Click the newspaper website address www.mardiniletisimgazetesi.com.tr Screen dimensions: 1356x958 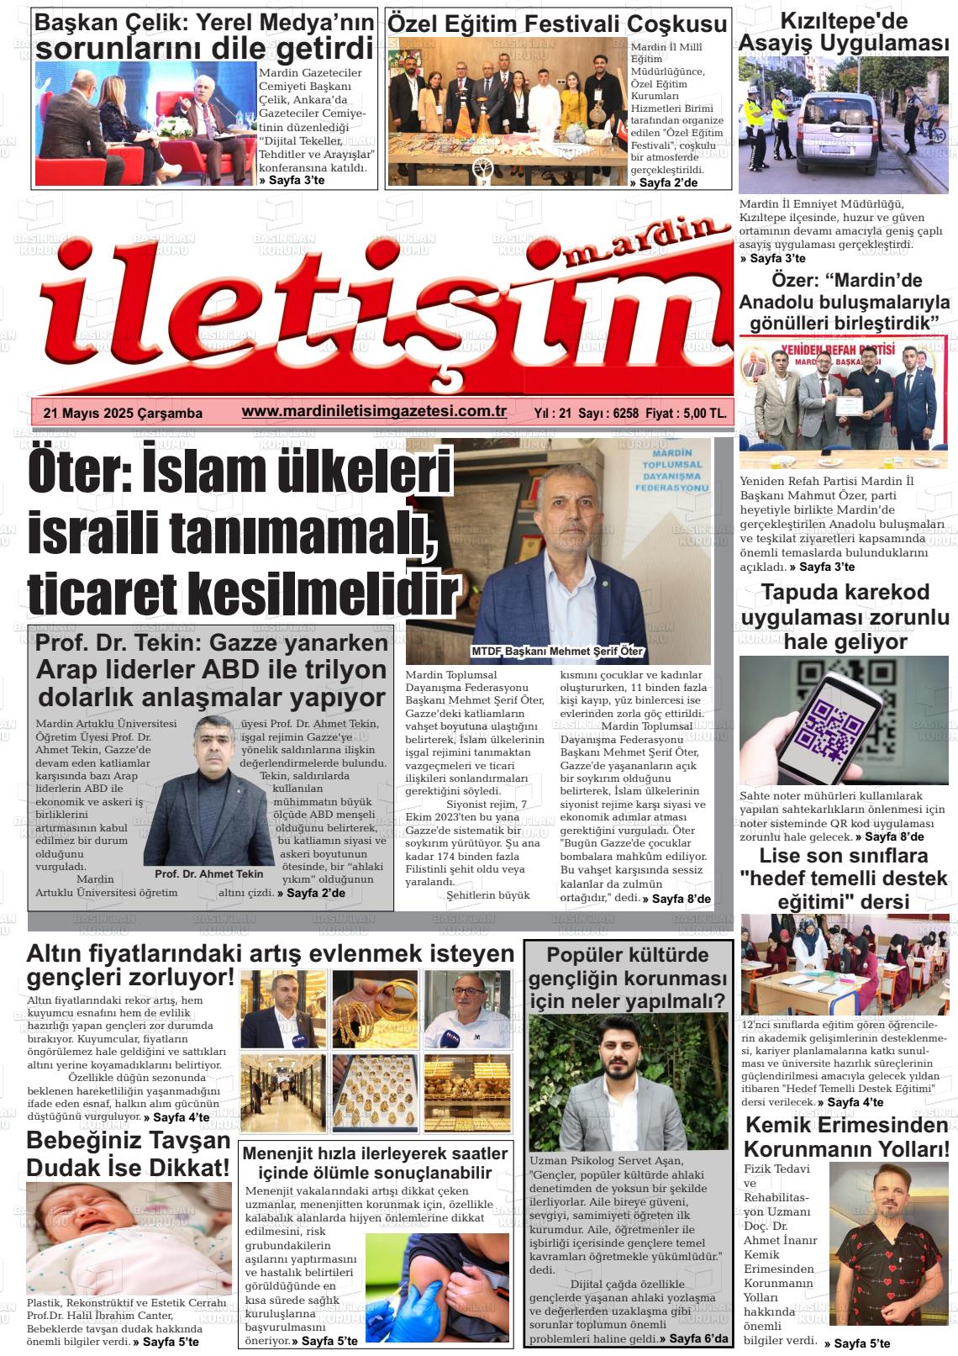pos(373,412)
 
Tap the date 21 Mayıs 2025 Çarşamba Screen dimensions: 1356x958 pos(123,414)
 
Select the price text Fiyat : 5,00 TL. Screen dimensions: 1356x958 pos(687,414)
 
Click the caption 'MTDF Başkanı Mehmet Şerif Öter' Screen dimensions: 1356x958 pos(556,652)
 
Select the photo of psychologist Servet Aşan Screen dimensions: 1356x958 pos(628,1080)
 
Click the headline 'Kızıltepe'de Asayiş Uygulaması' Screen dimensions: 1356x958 pos(843,32)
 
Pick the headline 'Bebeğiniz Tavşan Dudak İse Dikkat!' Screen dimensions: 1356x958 pos(128,1153)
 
